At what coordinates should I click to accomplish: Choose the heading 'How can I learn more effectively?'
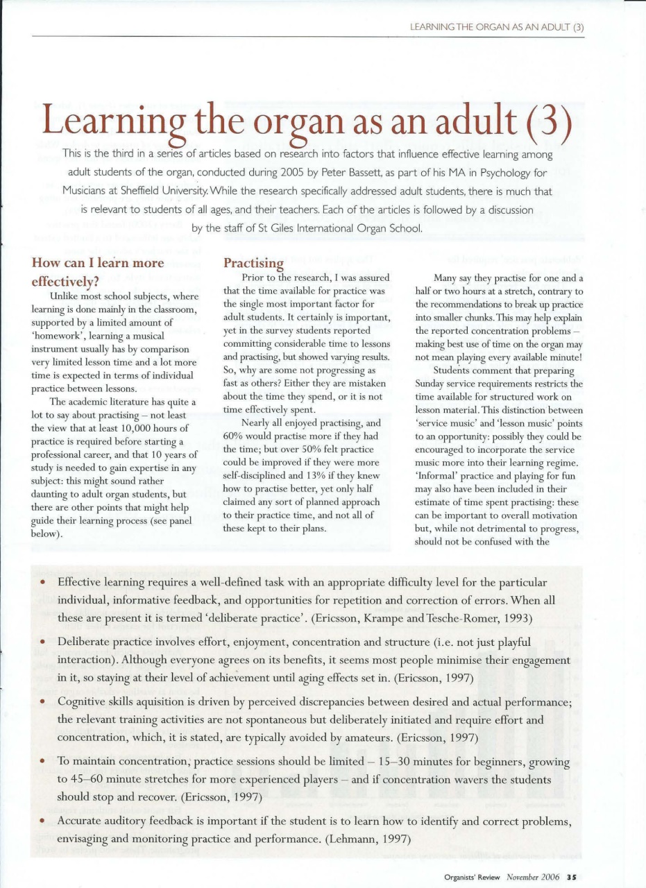(99, 273)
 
